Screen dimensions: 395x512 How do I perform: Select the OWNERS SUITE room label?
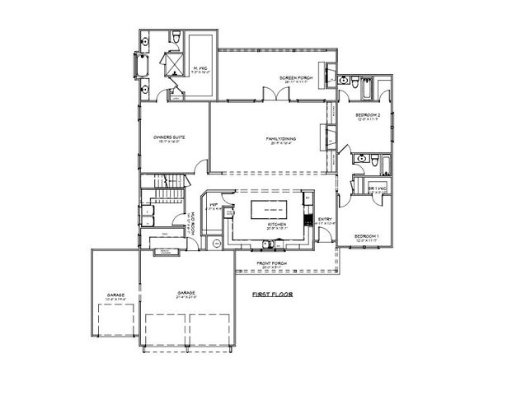(x=167, y=139)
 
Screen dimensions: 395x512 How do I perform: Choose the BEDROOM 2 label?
(x=367, y=115)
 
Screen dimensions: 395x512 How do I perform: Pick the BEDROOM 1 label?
(x=366, y=237)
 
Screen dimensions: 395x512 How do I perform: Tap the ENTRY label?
(x=324, y=220)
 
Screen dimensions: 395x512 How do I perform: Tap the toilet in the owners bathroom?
(x=175, y=37)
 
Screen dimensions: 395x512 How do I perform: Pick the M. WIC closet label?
(x=201, y=70)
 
